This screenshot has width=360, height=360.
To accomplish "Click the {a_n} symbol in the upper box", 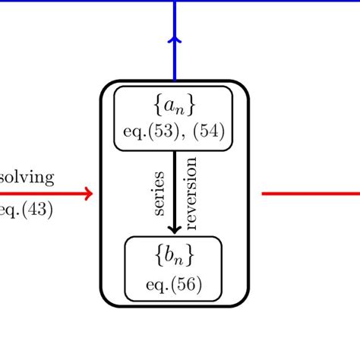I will pyautogui.click(x=174, y=103).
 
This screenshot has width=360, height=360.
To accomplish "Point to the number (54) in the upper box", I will pyautogui.click(x=210, y=131).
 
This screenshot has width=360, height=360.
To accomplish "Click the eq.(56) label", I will pyautogui.click(x=174, y=286).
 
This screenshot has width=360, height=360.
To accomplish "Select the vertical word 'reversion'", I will pyautogui.click(x=190, y=193).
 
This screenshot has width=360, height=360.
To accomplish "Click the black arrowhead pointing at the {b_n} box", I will pyautogui.click(x=174, y=228).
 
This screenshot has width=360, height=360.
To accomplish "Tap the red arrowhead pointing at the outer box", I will pyautogui.click(x=89, y=194).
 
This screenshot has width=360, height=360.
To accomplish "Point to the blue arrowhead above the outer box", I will pyautogui.click(x=175, y=39).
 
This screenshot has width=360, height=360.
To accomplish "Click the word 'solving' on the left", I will pyautogui.click(x=26, y=178).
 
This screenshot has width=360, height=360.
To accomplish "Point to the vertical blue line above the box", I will pyautogui.click(x=175, y=61).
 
